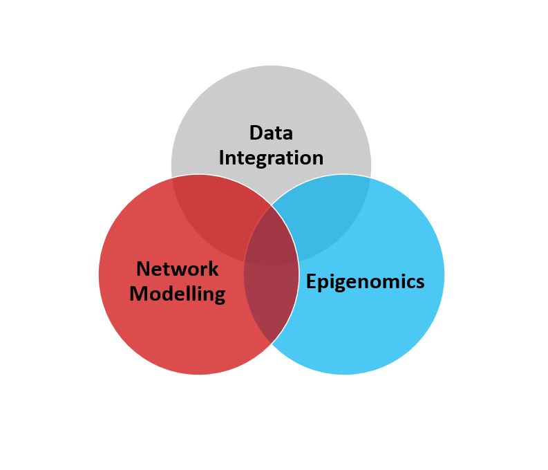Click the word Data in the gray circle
click(x=271, y=133)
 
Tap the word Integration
click(x=271, y=158)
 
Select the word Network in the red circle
click(x=178, y=269)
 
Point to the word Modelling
click(x=178, y=294)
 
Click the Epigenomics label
click(x=365, y=281)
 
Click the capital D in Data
click(x=256, y=133)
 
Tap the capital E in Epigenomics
click(x=312, y=281)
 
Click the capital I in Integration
click(x=222, y=158)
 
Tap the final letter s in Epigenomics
click(x=419, y=282)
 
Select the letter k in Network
click(x=213, y=269)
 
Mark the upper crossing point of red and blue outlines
click(x=272, y=205)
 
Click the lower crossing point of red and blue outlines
click(x=272, y=343)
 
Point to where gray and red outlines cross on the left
click(x=173, y=178)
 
